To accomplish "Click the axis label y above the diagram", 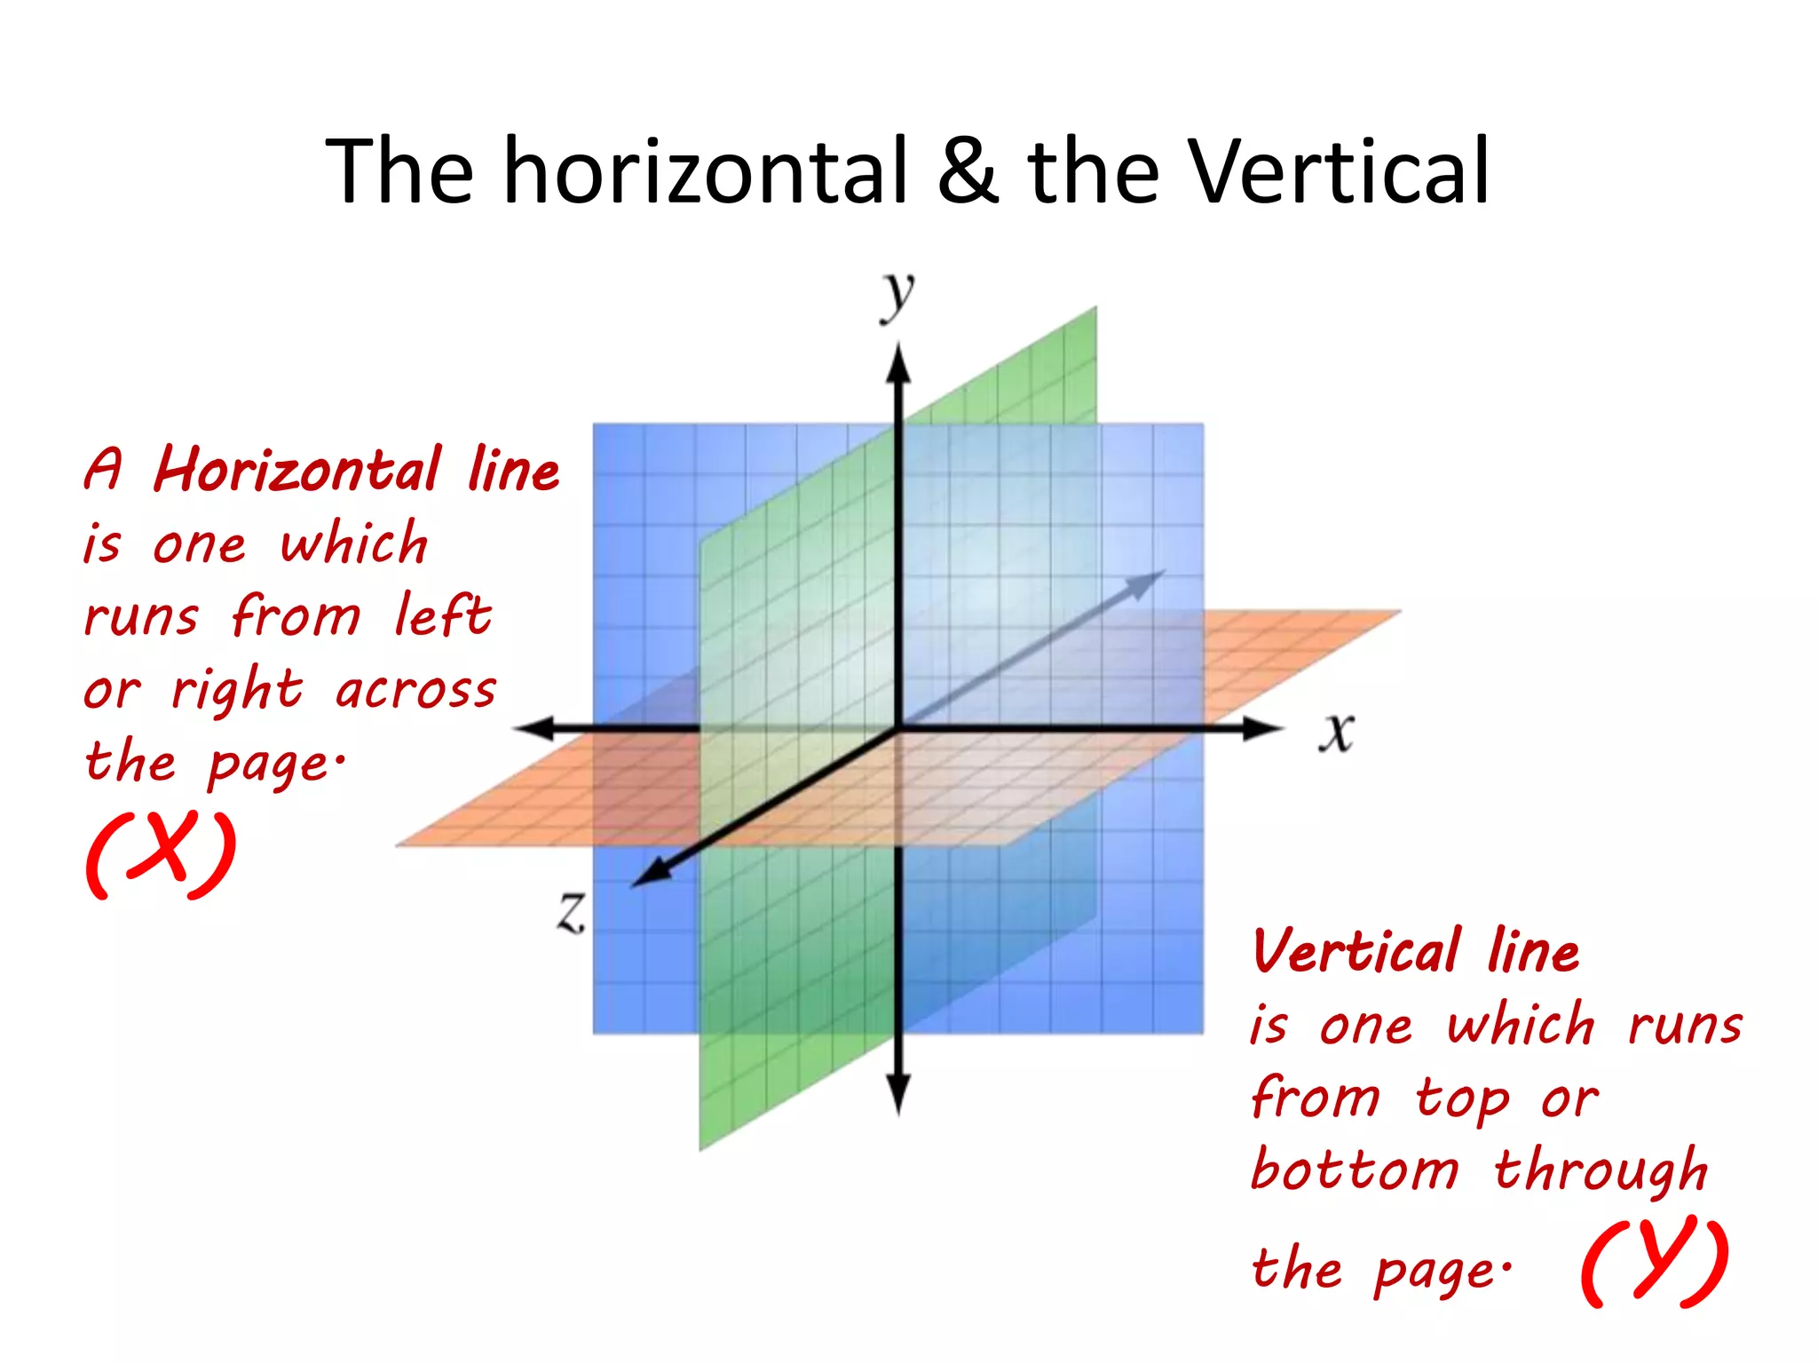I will tap(897, 297).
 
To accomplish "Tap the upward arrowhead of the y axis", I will tap(898, 364).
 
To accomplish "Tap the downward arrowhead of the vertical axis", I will tap(898, 1092).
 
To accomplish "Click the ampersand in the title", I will tap(968, 170).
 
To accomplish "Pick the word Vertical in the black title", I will tap(1339, 170).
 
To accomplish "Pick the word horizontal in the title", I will tap(707, 170).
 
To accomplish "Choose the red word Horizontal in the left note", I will tap(298, 470).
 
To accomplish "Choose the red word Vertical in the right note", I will tap(1356, 951).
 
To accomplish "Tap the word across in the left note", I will tap(415, 690).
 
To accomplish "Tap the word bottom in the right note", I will tap(1355, 1170).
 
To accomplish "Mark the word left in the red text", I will tap(442, 615).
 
